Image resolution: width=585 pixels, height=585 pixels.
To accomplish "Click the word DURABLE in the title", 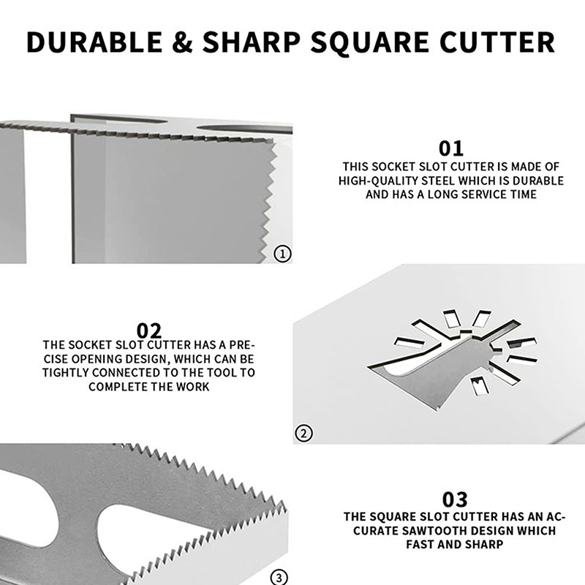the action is (x=94, y=42).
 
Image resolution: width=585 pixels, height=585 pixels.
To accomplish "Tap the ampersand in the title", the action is (x=182, y=42).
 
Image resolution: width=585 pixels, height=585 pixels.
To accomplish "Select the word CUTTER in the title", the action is (x=497, y=42).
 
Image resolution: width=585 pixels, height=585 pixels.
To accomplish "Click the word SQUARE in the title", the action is (x=370, y=42).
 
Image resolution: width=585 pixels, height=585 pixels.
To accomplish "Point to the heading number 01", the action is (x=451, y=148).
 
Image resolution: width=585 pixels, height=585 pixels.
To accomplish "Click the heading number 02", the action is (x=149, y=331).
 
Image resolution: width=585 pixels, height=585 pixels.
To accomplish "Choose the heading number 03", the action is (x=455, y=499).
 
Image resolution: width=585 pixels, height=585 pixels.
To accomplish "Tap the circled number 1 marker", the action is (x=282, y=254).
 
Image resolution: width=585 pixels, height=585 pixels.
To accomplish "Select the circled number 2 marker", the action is (x=303, y=434).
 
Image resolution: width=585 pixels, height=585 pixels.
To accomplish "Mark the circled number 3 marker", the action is (x=279, y=578).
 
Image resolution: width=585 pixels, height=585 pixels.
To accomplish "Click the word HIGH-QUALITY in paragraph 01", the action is (x=378, y=181).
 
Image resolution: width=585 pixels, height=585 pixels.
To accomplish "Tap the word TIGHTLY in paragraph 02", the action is (x=65, y=373).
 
